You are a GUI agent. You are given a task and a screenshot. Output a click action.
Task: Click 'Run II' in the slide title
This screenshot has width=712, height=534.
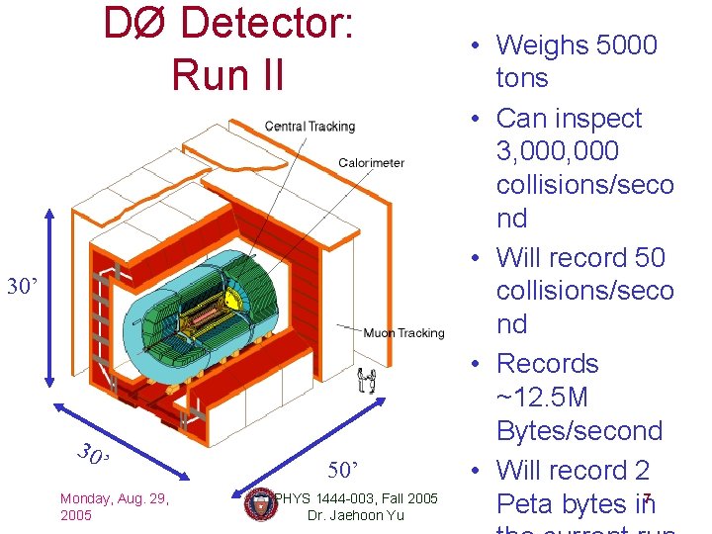point(227,74)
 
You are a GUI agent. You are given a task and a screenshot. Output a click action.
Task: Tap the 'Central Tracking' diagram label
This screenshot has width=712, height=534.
point(310,127)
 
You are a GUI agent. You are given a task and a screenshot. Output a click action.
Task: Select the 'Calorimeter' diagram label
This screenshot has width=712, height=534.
point(371,163)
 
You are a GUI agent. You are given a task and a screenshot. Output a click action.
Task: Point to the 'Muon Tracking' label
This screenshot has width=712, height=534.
point(404,333)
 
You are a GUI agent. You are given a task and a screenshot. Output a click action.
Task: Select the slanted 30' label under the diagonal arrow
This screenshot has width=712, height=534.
point(94,456)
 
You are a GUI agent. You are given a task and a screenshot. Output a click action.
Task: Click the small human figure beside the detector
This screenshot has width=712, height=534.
point(367,379)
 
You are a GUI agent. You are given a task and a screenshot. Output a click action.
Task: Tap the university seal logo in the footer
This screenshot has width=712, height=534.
point(259,504)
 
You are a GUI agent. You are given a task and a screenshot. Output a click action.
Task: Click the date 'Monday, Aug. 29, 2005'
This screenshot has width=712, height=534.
point(114,507)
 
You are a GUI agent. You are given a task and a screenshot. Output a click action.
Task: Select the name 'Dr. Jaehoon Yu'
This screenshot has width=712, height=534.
point(356,515)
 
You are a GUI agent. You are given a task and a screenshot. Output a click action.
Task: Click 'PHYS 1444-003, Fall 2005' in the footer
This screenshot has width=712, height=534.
point(356,497)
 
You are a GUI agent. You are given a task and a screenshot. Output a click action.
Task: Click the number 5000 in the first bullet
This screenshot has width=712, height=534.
point(626,45)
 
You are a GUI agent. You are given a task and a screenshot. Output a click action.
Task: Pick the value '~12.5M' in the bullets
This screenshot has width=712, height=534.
point(543,398)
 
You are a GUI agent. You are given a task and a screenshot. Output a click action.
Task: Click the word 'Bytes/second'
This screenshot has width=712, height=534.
point(579,431)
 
